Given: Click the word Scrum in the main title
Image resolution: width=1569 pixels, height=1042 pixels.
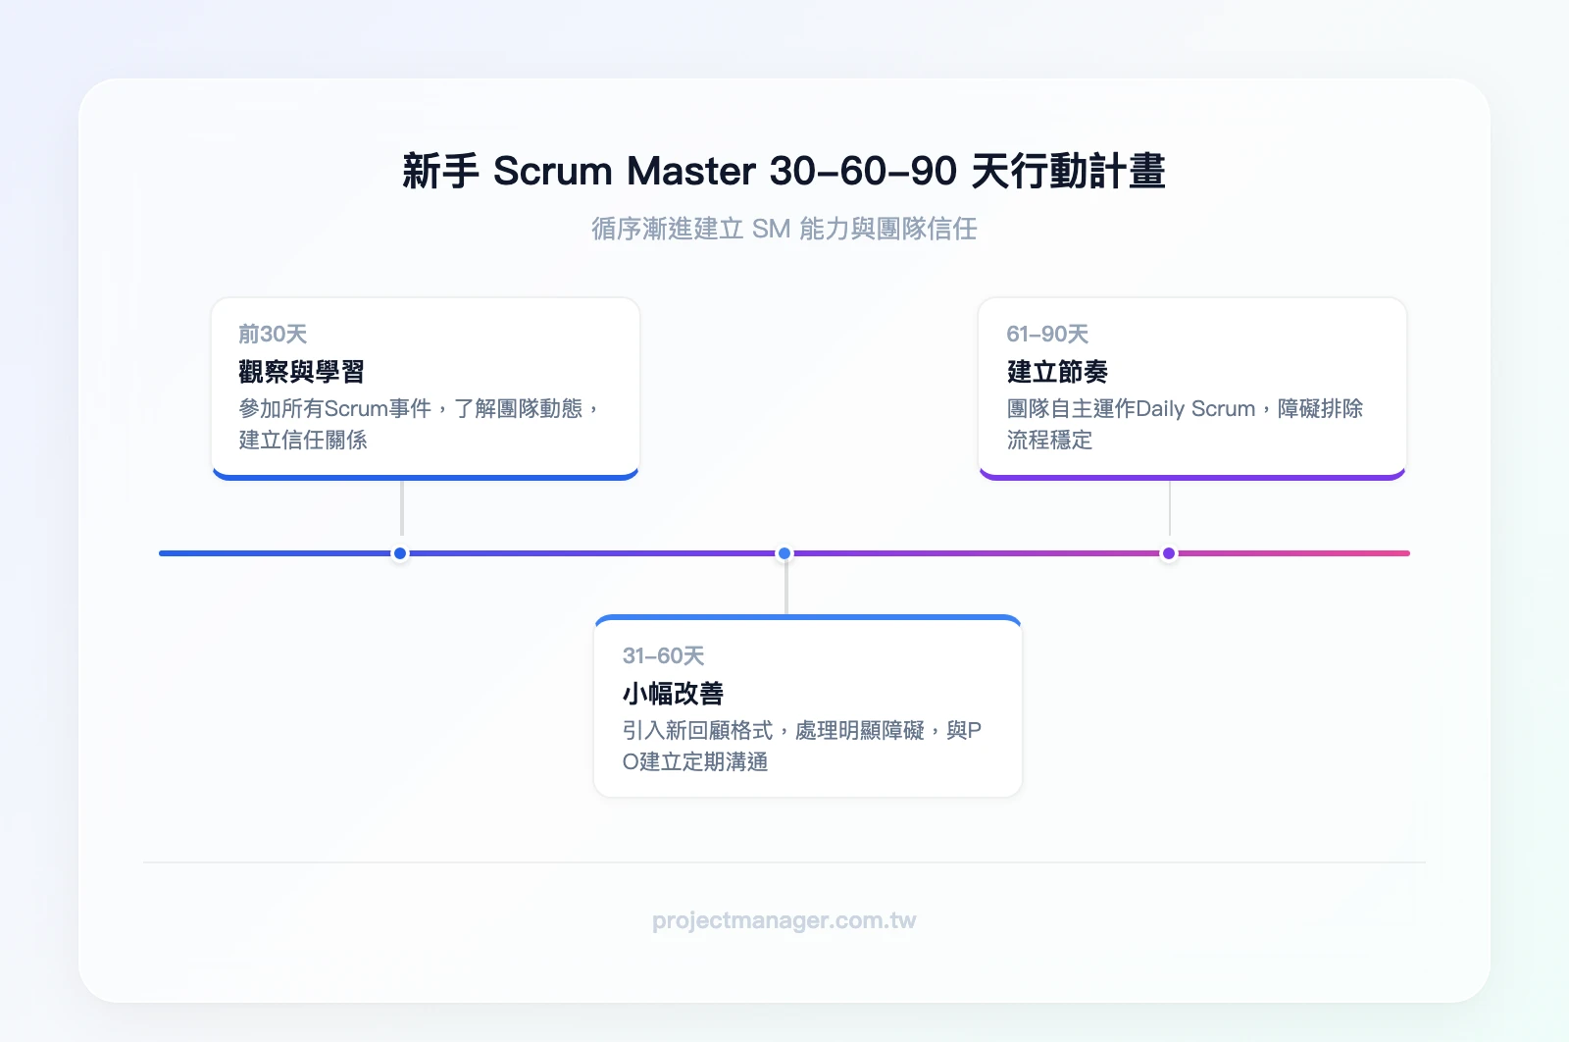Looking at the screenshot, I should tap(552, 171).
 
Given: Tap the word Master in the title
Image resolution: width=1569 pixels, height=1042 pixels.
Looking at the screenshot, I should tap(690, 171).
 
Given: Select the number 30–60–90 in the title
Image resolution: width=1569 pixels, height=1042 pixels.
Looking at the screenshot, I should tap(863, 171).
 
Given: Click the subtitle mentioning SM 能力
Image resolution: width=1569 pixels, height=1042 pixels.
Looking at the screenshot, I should tap(784, 229).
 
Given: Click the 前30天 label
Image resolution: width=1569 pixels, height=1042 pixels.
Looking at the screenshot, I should tap(273, 334).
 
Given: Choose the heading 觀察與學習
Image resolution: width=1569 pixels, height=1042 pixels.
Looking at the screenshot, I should tap(301, 372).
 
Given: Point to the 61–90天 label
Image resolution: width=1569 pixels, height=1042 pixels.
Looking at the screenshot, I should tap(1047, 334).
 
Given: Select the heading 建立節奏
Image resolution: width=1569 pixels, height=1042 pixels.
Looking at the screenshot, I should tap(1057, 372).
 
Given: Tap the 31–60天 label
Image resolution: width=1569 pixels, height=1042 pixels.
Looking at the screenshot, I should tap(663, 655).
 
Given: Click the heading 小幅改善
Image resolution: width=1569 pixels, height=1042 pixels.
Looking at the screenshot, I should tap(673, 694).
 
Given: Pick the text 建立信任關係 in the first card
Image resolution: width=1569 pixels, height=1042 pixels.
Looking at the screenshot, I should tap(303, 440).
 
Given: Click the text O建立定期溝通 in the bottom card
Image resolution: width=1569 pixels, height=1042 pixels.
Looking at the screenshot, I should tap(695, 761).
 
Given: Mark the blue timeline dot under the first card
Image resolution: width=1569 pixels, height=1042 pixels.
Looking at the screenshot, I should tap(400, 553).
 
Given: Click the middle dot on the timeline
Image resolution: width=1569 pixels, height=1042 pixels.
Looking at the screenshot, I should tap(784, 553).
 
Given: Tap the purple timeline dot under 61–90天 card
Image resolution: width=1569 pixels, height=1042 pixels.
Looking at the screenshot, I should tap(1169, 553).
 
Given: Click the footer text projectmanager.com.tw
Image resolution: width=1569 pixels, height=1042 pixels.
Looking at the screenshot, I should tap(784, 920).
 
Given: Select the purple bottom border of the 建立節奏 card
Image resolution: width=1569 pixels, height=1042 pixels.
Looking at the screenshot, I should tap(1191, 477).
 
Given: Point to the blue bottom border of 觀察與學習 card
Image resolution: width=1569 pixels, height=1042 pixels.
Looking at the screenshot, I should tap(425, 477).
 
